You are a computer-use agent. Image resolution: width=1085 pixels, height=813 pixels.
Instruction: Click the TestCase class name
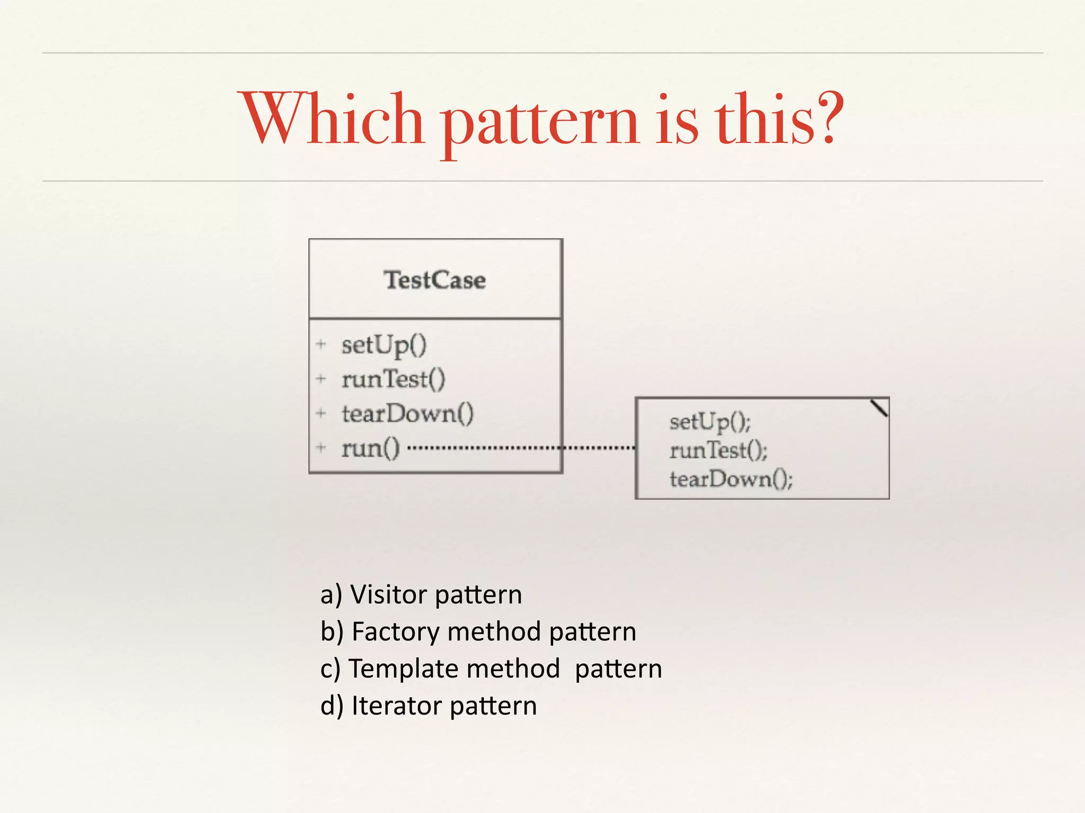pyautogui.click(x=434, y=280)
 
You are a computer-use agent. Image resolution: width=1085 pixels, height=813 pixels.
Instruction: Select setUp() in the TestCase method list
pyautogui.click(x=384, y=346)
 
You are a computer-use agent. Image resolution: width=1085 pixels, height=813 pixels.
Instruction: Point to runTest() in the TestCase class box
pyautogui.click(x=393, y=380)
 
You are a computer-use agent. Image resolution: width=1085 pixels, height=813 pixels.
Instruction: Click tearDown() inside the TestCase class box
pyautogui.click(x=407, y=414)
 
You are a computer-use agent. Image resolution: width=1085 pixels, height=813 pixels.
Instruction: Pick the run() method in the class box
pyautogui.click(x=370, y=448)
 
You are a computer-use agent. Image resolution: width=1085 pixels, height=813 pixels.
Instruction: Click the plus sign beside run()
pyautogui.click(x=321, y=448)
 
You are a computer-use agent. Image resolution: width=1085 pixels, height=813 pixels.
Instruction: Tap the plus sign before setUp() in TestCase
pyautogui.click(x=321, y=345)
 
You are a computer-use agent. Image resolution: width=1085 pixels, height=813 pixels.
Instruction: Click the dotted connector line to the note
pyautogui.click(x=519, y=448)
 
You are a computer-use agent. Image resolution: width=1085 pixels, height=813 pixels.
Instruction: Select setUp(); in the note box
pyautogui.click(x=710, y=422)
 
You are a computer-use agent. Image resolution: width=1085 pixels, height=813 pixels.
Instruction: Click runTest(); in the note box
pyautogui.click(x=718, y=450)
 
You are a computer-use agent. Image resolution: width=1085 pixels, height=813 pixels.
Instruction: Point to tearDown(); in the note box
pyautogui.click(x=731, y=479)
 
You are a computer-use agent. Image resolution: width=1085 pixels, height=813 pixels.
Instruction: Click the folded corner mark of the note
pyautogui.click(x=879, y=408)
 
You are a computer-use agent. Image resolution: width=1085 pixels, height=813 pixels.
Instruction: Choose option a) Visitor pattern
pyautogui.click(x=421, y=594)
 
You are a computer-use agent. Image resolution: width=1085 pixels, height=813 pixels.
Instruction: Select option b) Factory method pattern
pyautogui.click(x=478, y=631)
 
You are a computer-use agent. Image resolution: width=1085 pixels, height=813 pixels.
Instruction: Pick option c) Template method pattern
pyautogui.click(x=491, y=669)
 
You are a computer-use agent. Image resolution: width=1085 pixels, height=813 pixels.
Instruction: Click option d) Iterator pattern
pyautogui.click(x=429, y=706)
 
